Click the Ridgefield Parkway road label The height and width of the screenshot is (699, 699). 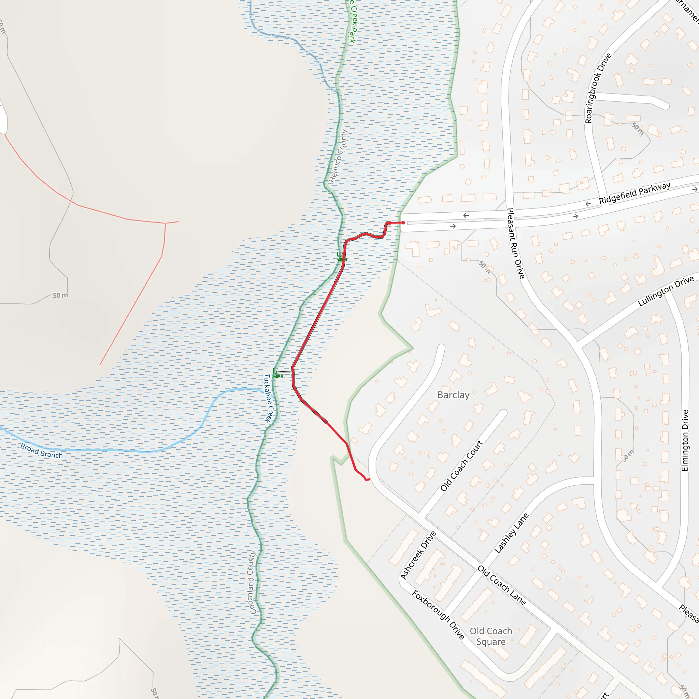click(634, 193)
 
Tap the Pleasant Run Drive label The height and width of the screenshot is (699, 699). click(516, 243)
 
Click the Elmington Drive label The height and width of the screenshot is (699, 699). click(685, 440)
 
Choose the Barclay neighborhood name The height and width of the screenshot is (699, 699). click(453, 395)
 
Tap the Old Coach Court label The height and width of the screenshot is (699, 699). click(462, 466)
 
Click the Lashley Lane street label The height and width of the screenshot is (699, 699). click(511, 533)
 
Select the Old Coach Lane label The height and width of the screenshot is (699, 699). click(501, 585)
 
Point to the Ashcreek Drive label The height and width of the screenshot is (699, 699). click(418, 555)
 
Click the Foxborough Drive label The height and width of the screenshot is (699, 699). click(438, 615)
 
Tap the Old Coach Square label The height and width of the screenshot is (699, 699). click(491, 636)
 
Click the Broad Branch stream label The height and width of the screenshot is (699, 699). click(42, 451)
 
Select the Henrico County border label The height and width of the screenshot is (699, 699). click(339, 156)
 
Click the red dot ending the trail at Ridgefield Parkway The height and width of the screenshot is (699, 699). click(403, 223)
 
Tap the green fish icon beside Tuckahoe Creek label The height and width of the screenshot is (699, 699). click(277, 376)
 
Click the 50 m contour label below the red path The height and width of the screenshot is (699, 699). click(60, 295)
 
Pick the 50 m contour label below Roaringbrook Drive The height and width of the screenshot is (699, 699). click(638, 128)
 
